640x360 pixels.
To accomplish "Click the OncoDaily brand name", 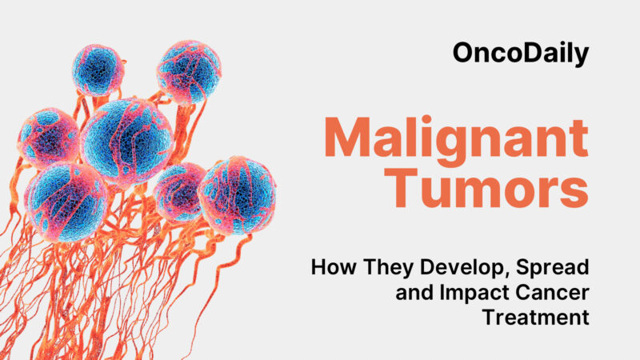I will (x=520, y=54).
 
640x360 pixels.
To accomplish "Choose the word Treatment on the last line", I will (x=536, y=318).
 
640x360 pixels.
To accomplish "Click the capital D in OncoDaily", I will (x=526, y=54).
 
